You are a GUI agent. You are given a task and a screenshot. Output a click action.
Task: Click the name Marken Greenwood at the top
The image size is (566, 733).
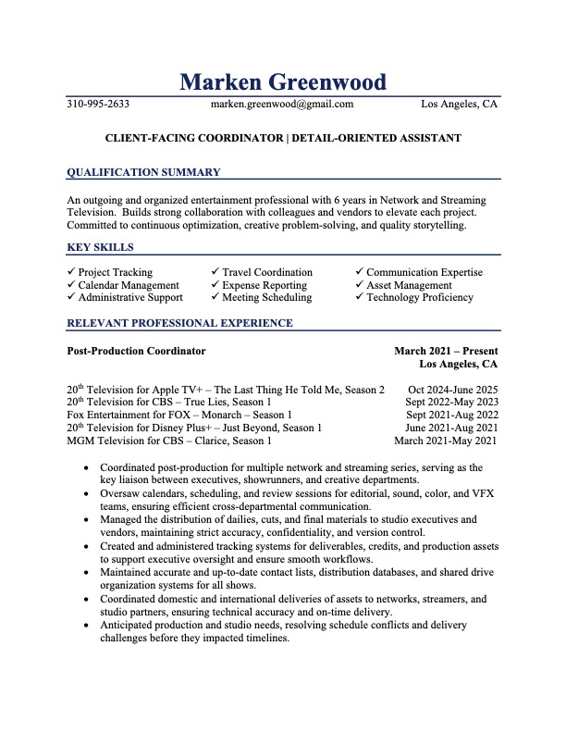click(x=283, y=81)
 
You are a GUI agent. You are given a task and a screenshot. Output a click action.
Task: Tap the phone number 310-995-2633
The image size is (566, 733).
click(x=98, y=105)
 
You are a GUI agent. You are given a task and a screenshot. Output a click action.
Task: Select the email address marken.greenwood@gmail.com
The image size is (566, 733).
click(x=282, y=105)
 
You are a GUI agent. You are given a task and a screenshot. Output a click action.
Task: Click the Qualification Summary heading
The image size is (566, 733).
click(x=144, y=172)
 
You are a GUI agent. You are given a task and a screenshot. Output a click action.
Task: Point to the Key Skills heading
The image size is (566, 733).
click(x=101, y=247)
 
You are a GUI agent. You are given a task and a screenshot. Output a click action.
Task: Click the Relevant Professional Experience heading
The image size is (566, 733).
click(x=180, y=323)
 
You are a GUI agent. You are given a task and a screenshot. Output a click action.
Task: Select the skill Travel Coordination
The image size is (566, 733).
click(x=267, y=272)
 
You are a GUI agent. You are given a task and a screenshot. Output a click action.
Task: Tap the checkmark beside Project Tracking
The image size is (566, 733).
click(x=71, y=272)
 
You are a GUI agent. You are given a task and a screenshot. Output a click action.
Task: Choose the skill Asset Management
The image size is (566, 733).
click(x=409, y=285)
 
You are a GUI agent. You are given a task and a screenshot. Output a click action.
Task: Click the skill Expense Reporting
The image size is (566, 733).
click(x=265, y=285)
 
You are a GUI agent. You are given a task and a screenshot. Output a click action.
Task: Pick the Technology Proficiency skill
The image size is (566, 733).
click(x=420, y=297)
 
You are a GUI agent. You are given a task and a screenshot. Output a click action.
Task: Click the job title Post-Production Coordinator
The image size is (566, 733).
click(x=137, y=352)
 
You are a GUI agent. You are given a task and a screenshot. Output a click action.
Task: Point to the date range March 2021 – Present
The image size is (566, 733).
click(x=446, y=352)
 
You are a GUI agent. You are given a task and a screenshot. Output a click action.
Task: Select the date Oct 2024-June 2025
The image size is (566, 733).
click(x=453, y=390)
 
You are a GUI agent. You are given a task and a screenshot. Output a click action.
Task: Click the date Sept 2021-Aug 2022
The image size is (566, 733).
click(x=452, y=415)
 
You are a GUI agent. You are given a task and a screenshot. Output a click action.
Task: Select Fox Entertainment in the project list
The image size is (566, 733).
click(x=115, y=415)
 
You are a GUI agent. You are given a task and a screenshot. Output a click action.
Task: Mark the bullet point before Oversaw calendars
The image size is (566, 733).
click(x=87, y=494)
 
